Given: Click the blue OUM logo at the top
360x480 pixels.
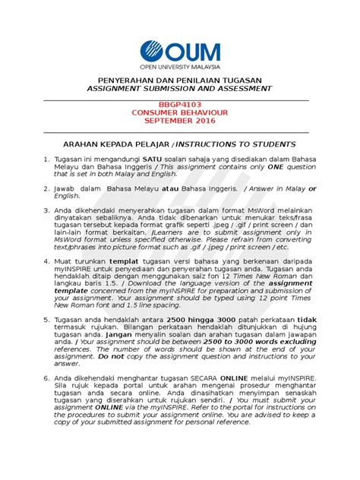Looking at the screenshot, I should pos(179,53).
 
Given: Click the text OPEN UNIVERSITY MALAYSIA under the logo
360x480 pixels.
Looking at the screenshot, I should pos(180,67).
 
